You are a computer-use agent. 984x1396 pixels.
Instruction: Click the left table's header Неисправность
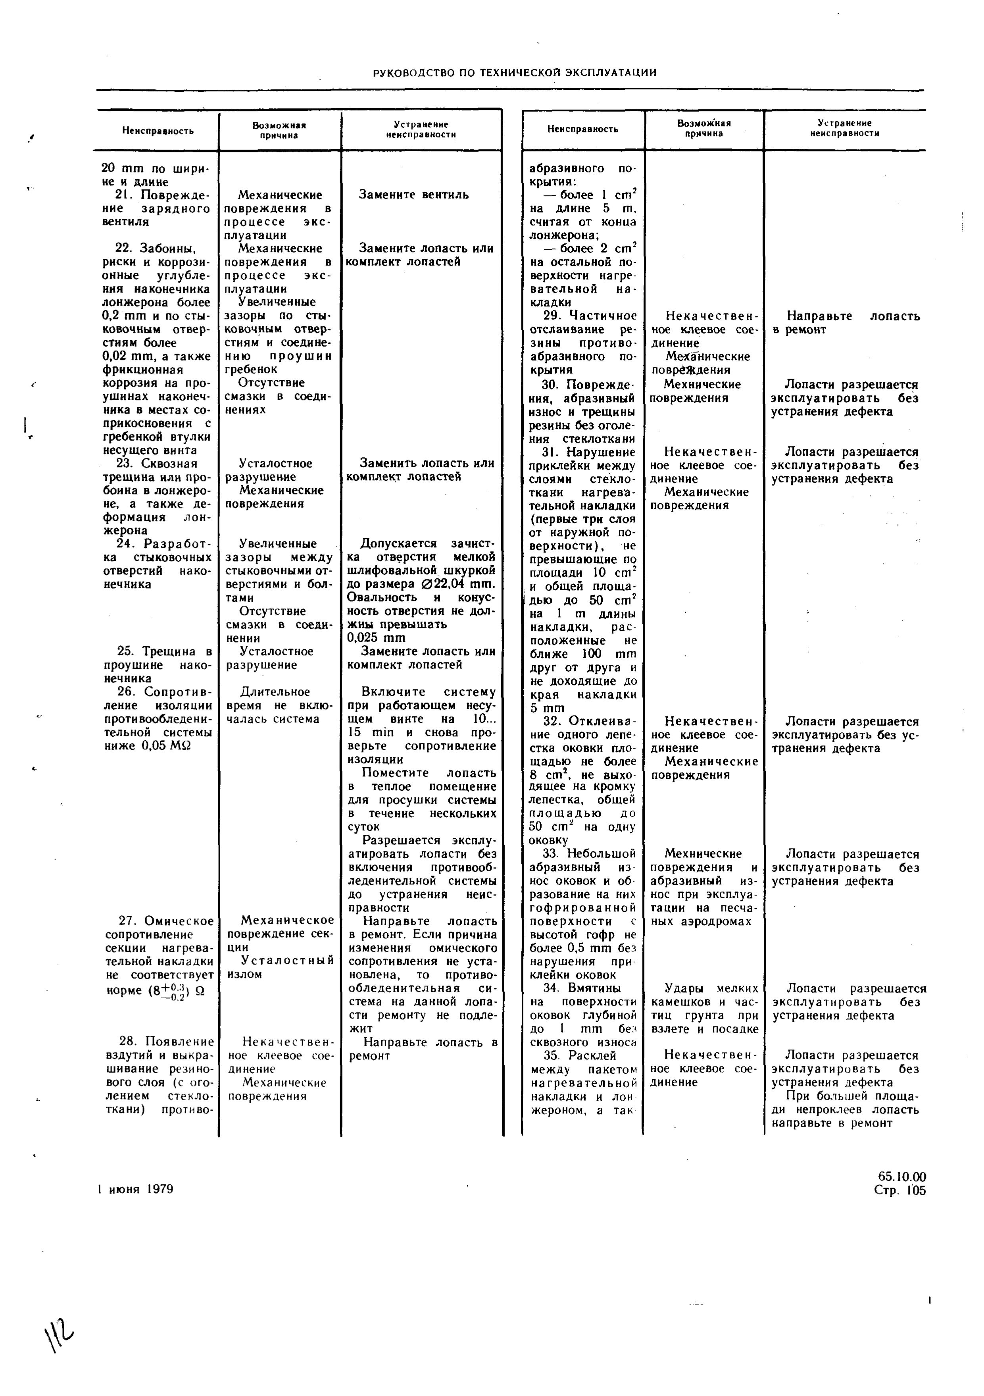pos(158,131)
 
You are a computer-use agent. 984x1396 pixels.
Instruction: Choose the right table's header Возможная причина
pos(704,128)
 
